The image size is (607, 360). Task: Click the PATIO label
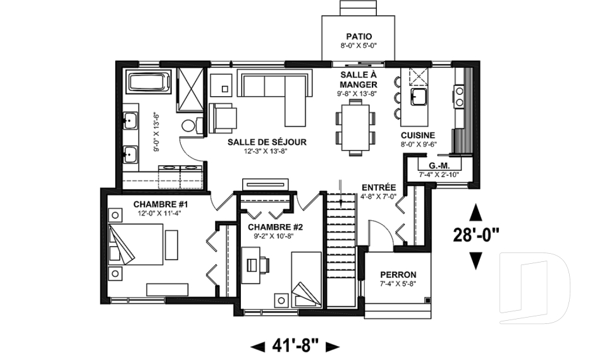point(359,36)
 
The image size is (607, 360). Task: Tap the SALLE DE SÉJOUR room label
point(258,142)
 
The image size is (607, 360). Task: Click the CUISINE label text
point(418,135)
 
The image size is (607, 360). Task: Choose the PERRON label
point(398,275)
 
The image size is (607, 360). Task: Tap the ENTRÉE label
point(379,187)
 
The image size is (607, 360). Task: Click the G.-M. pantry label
point(439,166)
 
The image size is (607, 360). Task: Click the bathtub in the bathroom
point(149,84)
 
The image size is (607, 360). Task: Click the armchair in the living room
point(223,118)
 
